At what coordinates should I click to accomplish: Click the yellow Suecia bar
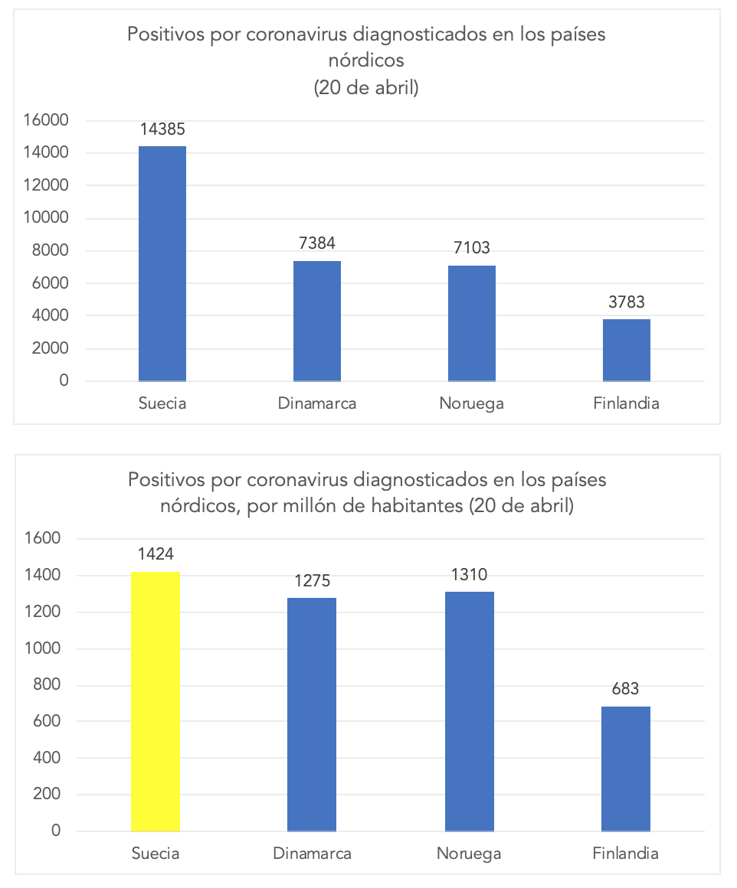pyautogui.click(x=156, y=700)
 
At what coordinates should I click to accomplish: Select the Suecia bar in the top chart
pyautogui.click(x=162, y=263)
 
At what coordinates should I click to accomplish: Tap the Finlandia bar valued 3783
pyautogui.click(x=626, y=350)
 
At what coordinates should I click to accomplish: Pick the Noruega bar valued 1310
pyautogui.click(x=470, y=710)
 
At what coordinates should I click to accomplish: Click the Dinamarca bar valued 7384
pyautogui.click(x=316, y=321)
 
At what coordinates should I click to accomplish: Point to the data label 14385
pyautogui.click(x=162, y=129)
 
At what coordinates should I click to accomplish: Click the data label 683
pyautogui.click(x=626, y=689)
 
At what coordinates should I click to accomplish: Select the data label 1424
pyautogui.click(x=156, y=553)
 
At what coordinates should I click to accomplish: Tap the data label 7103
pyautogui.click(x=471, y=247)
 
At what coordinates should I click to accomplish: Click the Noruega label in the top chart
pyautogui.click(x=471, y=403)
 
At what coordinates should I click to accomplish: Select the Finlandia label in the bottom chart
pyautogui.click(x=625, y=854)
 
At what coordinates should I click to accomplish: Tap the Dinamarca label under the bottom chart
pyautogui.click(x=313, y=854)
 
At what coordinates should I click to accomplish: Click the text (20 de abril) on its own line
pyautogui.click(x=367, y=88)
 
